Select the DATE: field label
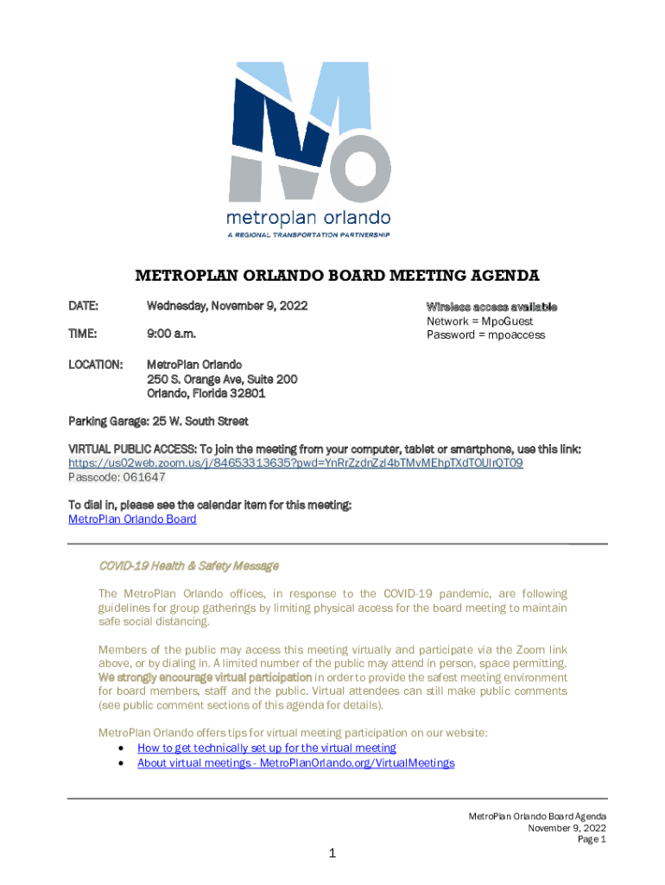coord(84,306)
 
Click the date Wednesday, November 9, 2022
coord(227,306)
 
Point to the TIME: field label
coord(83,334)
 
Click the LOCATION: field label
coord(95,365)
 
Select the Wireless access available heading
coord(491,307)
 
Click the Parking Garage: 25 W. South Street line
coord(158,422)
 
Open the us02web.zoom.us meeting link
coord(295,463)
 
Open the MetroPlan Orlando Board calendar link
coord(132,519)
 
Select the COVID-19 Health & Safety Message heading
coord(188,566)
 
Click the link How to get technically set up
coord(266,748)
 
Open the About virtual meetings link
coord(295,763)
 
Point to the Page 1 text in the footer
coord(592,839)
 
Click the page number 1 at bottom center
coord(332,854)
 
